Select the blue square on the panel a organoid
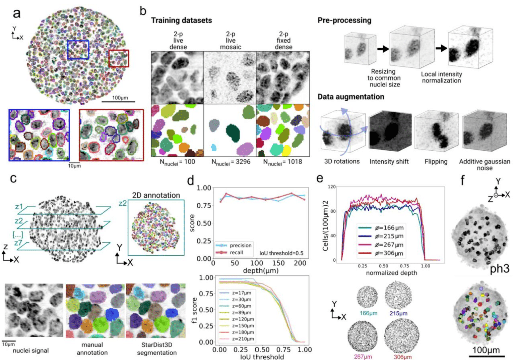pyautogui.click(x=78, y=50)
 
